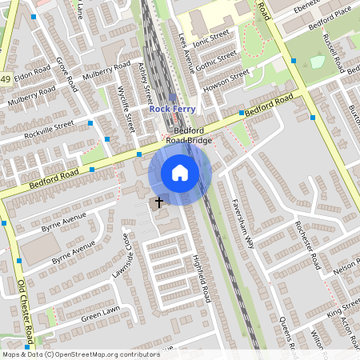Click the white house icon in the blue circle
pyautogui.click(x=180, y=173)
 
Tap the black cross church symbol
pyautogui.click(x=158, y=202)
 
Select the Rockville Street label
pyautogui.click(x=49, y=129)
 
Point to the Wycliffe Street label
pyautogui.click(x=126, y=108)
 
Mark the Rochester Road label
pyautogui.click(x=308, y=244)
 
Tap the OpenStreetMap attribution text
pyautogui.click(x=81, y=354)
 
